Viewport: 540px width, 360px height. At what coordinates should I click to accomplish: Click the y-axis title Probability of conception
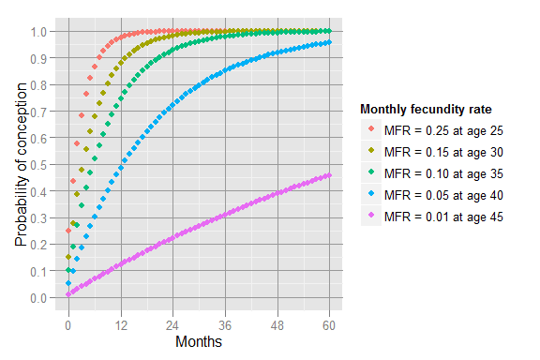coord(21,164)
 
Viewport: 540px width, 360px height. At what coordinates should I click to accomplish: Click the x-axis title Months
coord(198,342)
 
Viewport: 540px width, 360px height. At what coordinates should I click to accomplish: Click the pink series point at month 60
coord(330,175)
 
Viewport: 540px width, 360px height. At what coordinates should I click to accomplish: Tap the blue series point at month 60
coord(330,42)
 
